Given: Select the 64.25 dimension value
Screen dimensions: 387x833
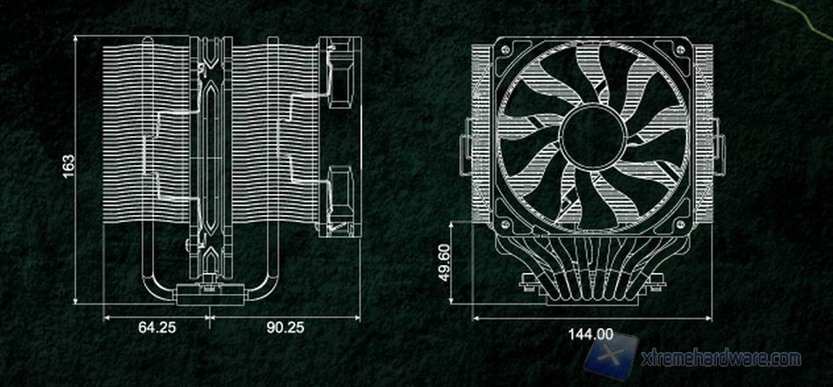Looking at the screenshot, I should coord(156,327).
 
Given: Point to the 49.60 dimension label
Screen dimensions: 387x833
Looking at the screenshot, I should coord(445,263).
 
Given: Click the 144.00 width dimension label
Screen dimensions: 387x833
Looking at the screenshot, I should coord(590,333).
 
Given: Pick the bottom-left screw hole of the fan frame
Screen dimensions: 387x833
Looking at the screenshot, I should coord(506,223).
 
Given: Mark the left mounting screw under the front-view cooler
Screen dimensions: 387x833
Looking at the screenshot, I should coord(525,282).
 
